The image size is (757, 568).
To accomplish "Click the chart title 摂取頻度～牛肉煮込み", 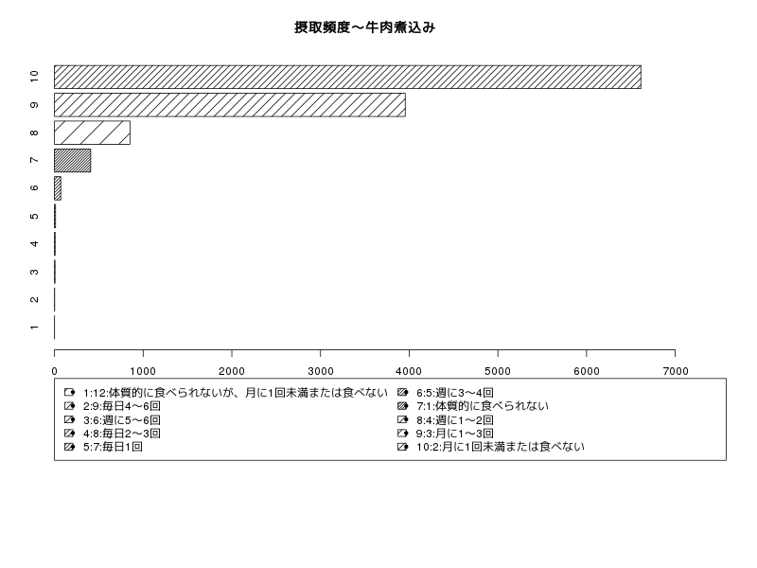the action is click(x=365, y=27).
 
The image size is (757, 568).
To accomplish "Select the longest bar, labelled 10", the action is click(x=347, y=78).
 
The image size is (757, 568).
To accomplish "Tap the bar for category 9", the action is click(x=230, y=105).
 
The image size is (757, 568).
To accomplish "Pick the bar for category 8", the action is click(x=92, y=133).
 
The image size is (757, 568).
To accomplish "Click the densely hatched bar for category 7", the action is click(x=73, y=160).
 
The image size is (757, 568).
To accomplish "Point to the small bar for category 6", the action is click(x=58, y=188).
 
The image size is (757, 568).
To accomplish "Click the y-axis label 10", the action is click(x=34, y=77).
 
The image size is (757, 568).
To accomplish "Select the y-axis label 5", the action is click(x=34, y=216).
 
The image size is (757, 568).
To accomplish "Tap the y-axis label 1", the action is click(x=34, y=328).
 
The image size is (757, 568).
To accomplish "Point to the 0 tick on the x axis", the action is click(x=55, y=371).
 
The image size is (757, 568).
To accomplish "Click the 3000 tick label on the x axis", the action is click(x=321, y=371).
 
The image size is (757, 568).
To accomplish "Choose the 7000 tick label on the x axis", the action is click(x=676, y=371).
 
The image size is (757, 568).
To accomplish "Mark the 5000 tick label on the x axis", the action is click(x=498, y=371).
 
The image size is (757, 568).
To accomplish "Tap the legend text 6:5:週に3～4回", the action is click(x=455, y=393).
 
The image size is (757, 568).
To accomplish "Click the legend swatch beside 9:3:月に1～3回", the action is click(x=403, y=434).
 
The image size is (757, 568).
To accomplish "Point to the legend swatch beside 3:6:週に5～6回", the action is click(x=69, y=419).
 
